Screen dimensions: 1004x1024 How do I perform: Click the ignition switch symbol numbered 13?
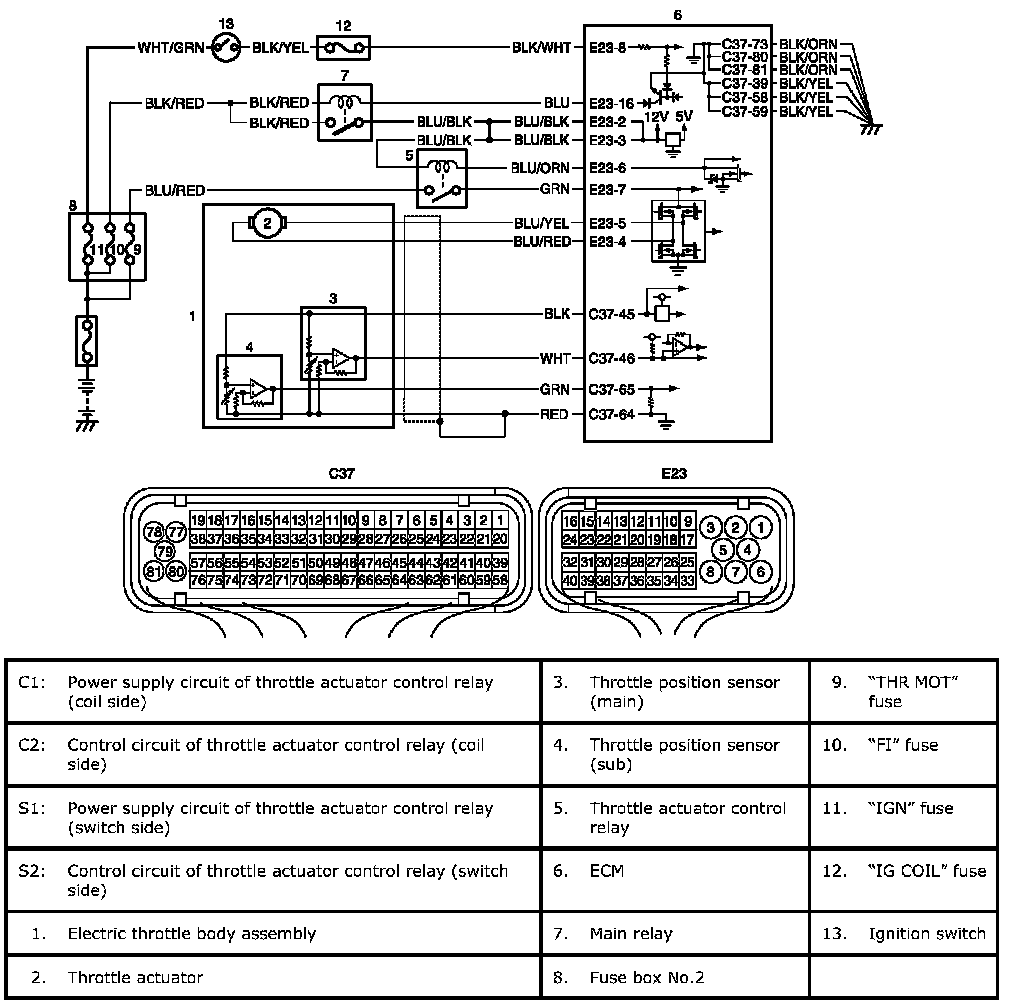pyautogui.click(x=226, y=46)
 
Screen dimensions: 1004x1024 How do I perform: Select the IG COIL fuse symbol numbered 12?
pyautogui.click(x=343, y=46)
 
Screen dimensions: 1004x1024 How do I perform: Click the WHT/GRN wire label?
pyautogui.click(x=173, y=46)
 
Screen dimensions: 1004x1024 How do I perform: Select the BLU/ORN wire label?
pyautogui.click(x=540, y=167)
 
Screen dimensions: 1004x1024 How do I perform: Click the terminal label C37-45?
pyautogui.click(x=612, y=314)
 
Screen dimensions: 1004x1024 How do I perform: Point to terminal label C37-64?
pyautogui.click(x=612, y=414)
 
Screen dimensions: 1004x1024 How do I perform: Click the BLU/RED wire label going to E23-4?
pyautogui.click(x=542, y=242)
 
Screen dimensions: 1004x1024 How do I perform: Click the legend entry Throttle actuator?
pyautogui.click(x=135, y=977)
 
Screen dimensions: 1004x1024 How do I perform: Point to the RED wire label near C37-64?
pyautogui.click(x=554, y=414)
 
